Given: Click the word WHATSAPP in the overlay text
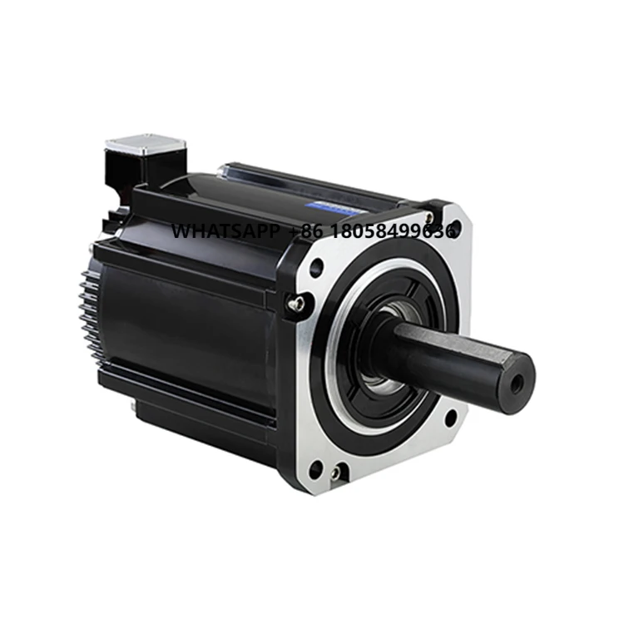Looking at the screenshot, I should (225, 231).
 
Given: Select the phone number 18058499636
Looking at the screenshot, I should (395, 231).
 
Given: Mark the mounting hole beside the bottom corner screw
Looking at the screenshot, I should (316, 468).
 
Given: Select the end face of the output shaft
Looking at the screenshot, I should (514, 383).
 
